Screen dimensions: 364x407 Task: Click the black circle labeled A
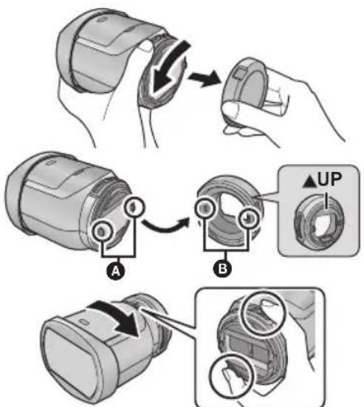click(115, 271)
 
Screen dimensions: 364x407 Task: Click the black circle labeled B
click(222, 269)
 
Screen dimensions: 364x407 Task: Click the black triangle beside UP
click(309, 181)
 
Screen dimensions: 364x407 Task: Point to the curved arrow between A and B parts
click(166, 225)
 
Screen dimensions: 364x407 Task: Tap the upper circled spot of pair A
click(134, 207)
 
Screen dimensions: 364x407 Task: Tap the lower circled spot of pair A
click(102, 230)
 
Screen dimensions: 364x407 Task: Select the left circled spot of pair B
click(205, 208)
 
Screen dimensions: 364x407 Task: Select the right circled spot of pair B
click(248, 219)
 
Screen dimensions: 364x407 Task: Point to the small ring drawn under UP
click(318, 221)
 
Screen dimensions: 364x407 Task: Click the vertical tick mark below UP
click(326, 202)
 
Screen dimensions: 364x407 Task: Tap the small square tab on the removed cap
click(239, 73)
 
